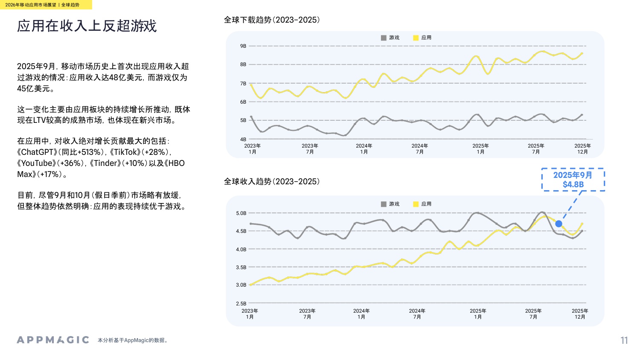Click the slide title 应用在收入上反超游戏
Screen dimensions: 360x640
click(x=87, y=26)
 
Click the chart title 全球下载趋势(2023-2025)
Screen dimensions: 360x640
click(x=272, y=20)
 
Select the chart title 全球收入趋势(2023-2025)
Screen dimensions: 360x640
click(x=272, y=182)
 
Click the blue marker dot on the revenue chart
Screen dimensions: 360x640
click(x=559, y=224)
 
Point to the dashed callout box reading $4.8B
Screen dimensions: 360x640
click(x=573, y=180)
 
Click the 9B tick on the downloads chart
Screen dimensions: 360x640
click(x=243, y=46)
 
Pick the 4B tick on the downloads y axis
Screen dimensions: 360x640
click(x=243, y=139)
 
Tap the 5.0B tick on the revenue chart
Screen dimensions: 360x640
click(x=241, y=213)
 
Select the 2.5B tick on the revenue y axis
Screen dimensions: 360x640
click(x=241, y=304)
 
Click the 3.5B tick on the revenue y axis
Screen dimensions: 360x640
click(x=241, y=267)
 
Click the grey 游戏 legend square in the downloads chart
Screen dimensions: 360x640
click(x=384, y=38)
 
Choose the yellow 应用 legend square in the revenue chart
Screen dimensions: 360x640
click(x=416, y=204)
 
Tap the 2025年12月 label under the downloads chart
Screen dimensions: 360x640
click(x=582, y=149)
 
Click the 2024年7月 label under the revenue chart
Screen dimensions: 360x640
click(x=417, y=314)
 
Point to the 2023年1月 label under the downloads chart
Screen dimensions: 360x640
click(x=252, y=149)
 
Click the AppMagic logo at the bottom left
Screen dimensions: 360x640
click(x=53, y=340)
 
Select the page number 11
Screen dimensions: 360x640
click(x=624, y=340)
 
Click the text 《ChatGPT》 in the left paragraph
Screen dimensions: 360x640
click(x=37, y=152)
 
